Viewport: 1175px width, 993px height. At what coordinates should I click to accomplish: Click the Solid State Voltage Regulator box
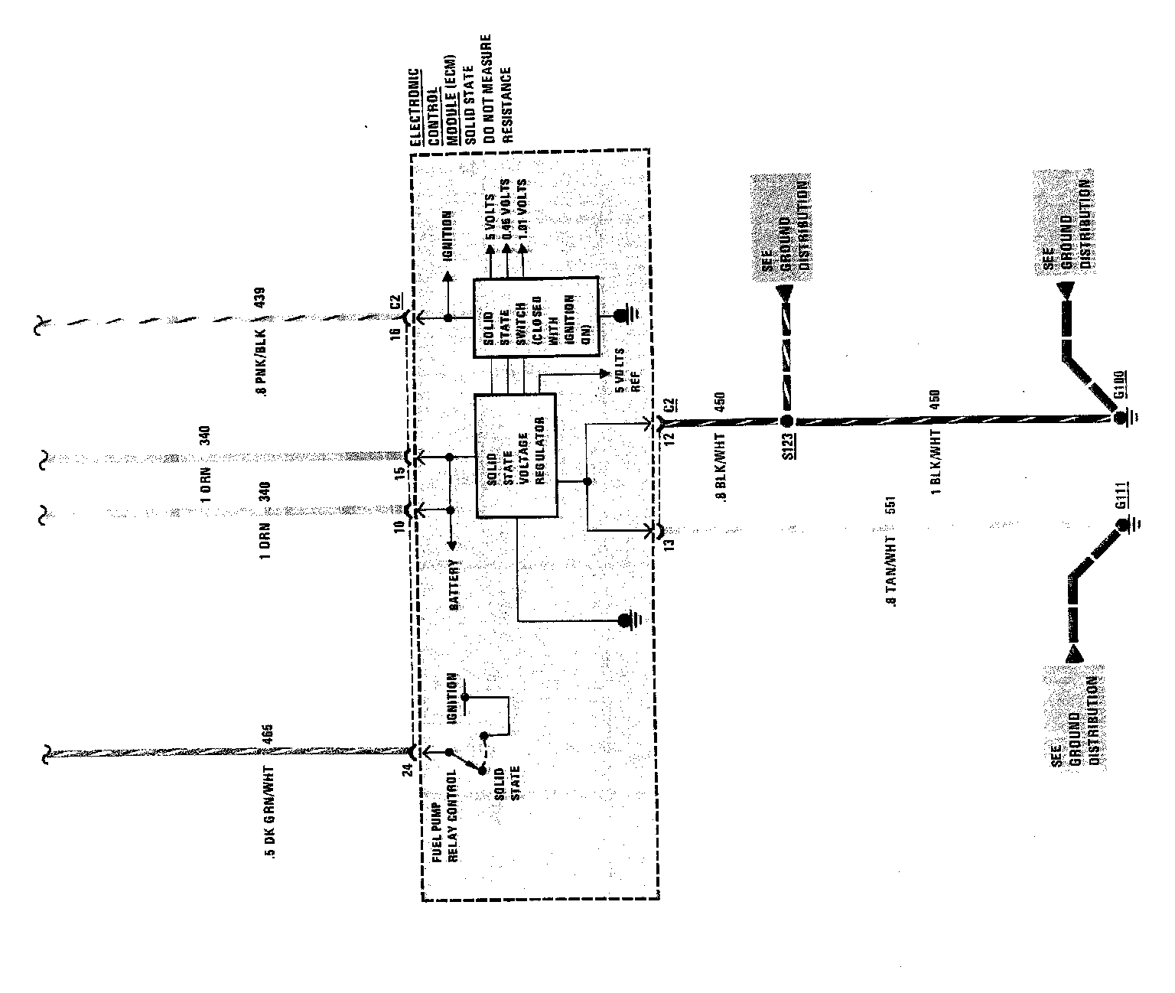point(516,456)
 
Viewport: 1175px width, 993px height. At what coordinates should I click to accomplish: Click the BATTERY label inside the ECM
point(454,584)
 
